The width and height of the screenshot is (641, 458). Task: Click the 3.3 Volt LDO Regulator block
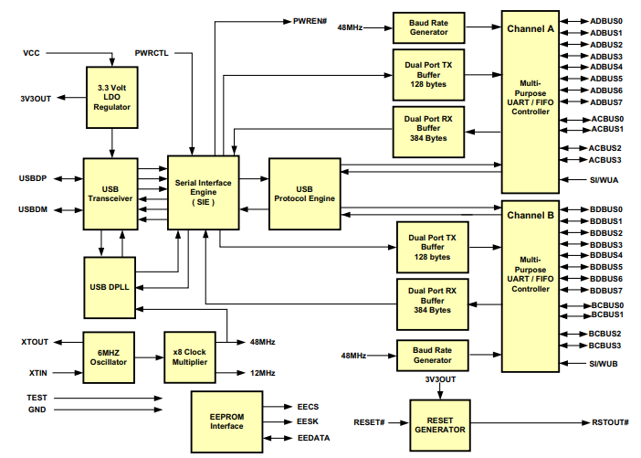coord(112,96)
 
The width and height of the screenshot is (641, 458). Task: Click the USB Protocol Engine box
coord(304,193)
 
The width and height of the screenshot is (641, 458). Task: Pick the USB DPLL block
coord(109,287)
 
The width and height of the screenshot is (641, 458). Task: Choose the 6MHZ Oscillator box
coord(109,356)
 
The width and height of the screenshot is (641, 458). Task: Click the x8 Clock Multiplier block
coord(190,356)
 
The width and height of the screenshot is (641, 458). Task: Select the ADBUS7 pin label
coord(606,102)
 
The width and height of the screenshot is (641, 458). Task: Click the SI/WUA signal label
coord(604,180)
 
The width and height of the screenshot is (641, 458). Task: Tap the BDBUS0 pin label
coord(606,209)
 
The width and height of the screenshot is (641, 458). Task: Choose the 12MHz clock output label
coord(263,373)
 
